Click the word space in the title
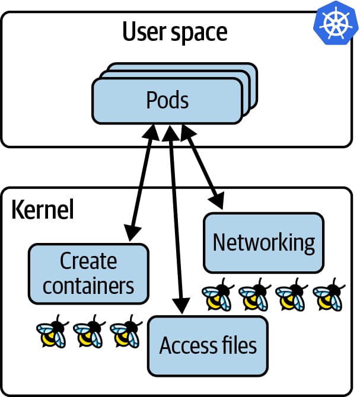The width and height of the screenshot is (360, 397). click(x=199, y=33)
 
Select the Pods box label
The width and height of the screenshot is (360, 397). click(x=167, y=100)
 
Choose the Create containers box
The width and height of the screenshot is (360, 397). click(x=88, y=273)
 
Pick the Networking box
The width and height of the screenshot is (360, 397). click(x=263, y=242)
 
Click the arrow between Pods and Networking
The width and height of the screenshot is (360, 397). click(x=202, y=167)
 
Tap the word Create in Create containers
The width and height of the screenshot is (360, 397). click(x=88, y=261)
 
